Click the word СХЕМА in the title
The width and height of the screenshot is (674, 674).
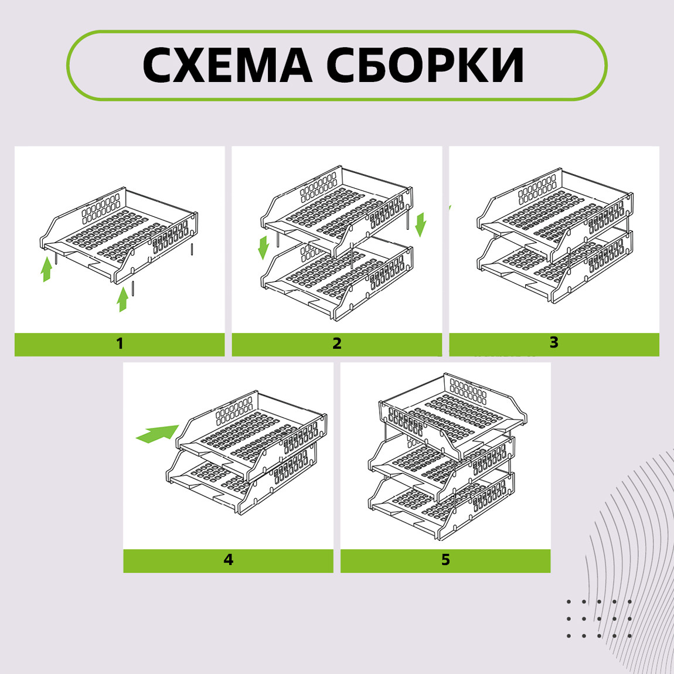coord(227,65)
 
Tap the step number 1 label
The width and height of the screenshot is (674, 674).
coord(120,343)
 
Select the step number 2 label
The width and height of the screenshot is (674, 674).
coord(337,343)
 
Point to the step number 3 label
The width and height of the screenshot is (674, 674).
coord(554,342)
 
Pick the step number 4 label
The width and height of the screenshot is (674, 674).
coord(228,560)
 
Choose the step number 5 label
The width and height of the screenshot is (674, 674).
coord(446,560)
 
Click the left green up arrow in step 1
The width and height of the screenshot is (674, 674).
coord(46,269)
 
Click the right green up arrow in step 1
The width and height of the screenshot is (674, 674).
coord(123,299)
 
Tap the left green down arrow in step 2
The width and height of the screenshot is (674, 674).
coord(264,247)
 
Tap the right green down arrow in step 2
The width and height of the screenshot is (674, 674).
coord(420,224)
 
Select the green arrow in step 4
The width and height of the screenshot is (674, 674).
coord(157,434)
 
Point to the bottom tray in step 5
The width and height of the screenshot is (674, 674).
coord(442,502)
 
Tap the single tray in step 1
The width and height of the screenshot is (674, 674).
coord(118,236)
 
